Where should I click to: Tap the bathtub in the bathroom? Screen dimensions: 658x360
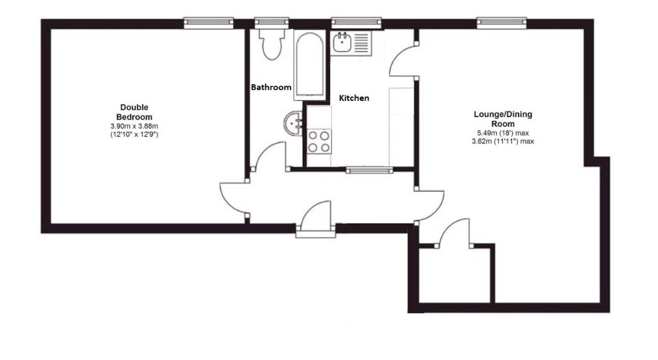pyautogui.click(x=309, y=65)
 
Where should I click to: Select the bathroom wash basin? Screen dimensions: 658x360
pyautogui.click(x=293, y=124)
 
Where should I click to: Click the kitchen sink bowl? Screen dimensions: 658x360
pyautogui.click(x=342, y=42)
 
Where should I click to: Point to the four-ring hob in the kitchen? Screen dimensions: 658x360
pyautogui.click(x=319, y=141)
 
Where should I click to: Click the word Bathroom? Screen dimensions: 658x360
pyautogui.click(x=271, y=87)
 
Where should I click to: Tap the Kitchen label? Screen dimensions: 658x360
pyautogui.click(x=354, y=98)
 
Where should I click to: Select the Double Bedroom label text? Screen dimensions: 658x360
pyautogui.click(x=134, y=112)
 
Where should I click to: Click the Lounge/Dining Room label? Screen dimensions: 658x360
pyautogui.click(x=502, y=119)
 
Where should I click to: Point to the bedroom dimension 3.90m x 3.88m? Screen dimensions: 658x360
pyautogui.click(x=134, y=126)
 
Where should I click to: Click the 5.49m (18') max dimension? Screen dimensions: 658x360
pyautogui.click(x=502, y=133)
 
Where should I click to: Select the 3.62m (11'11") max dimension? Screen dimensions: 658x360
pyautogui.click(x=502, y=141)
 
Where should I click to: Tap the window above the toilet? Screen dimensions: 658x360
pyautogui.click(x=272, y=22)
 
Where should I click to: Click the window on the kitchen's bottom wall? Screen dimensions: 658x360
pyautogui.click(x=369, y=170)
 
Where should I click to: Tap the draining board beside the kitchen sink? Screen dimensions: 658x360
pyautogui.click(x=362, y=43)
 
